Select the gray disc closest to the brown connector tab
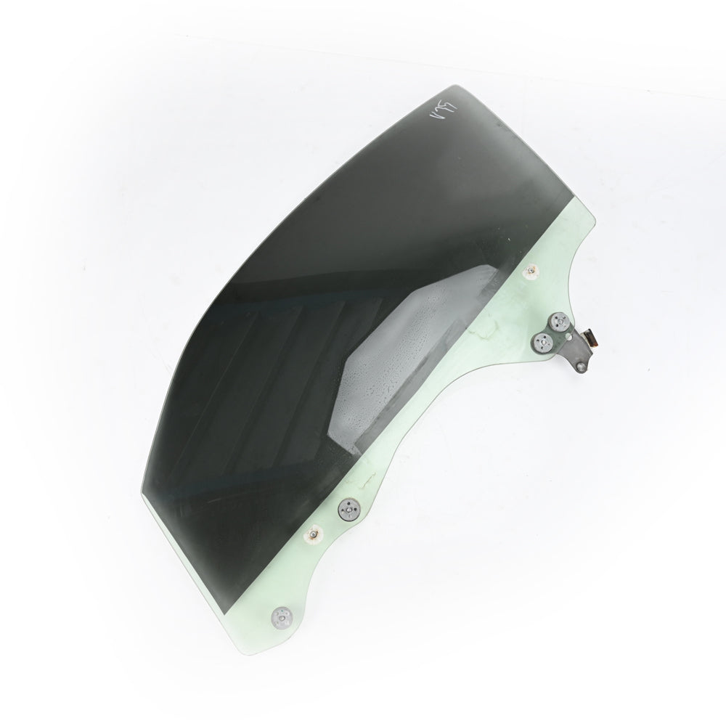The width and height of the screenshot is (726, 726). (559, 323)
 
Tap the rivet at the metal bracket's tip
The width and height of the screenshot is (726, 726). (582, 368)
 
